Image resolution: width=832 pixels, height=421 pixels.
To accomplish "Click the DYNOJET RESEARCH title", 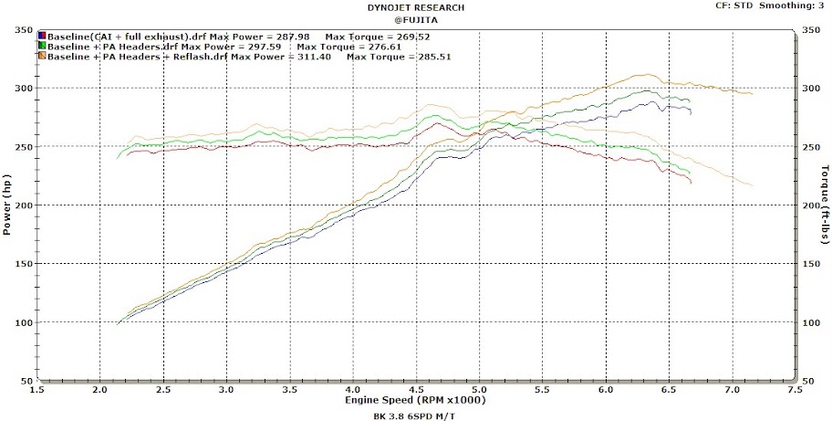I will (415, 6).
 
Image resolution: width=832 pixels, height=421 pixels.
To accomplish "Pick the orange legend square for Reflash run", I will (42, 57).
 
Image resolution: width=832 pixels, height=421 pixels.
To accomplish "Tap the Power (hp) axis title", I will (7, 205).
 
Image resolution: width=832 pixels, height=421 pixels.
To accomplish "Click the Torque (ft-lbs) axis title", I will (825, 205).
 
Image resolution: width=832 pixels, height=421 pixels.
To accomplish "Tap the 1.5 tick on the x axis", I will (36, 390).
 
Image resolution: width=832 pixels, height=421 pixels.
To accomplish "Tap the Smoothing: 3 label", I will (797, 6).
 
